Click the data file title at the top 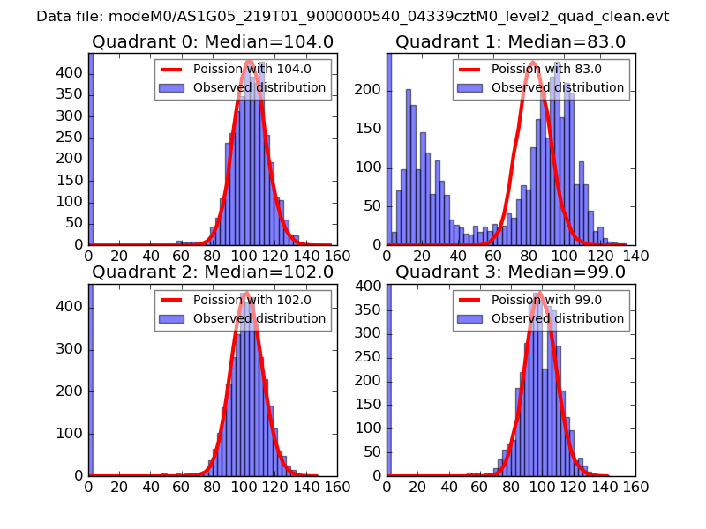(x=353, y=17)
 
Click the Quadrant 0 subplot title (x=212, y=41)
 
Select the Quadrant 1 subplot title (x=510, y=41)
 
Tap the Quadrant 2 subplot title (x=212, y=272)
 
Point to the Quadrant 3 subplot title (x=510, y=272)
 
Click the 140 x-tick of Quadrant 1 (x=635, y=256)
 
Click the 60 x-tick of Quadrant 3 (x=480, y=487)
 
